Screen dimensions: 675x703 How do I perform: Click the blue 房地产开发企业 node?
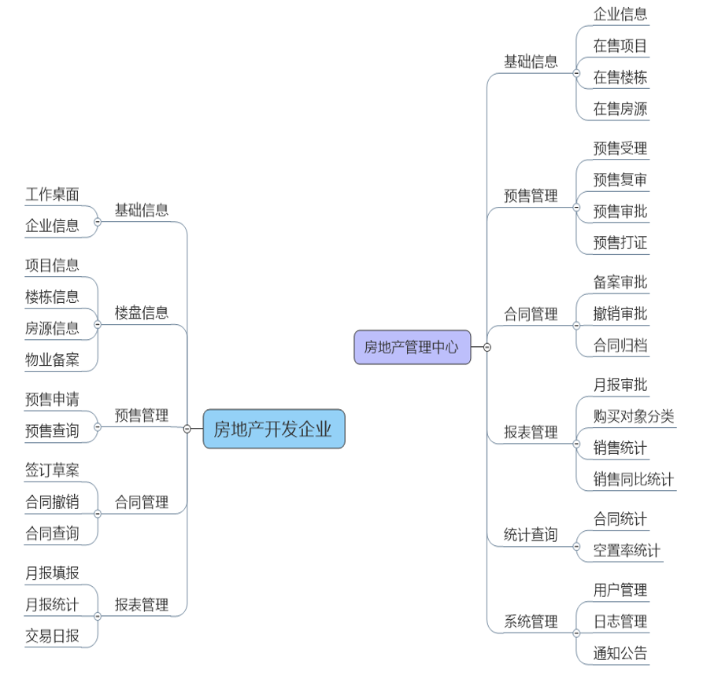click(273, 429)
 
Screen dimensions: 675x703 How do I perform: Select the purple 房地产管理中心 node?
click(412, 347)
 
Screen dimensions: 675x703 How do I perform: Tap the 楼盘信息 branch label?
click(142, 312)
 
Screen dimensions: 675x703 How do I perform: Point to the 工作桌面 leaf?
click(52, 194)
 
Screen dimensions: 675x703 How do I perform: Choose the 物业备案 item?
click(52, 360)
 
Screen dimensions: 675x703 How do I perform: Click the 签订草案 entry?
click(52, 470)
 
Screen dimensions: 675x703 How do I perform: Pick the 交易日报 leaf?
click(52, 636)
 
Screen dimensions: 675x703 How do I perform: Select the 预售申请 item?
click(52, 400)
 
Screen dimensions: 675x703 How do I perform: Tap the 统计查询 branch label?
click(531, 535)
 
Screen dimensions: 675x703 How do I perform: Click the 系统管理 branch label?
click(531, 622)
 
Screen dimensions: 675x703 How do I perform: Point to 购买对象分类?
click(634, 416)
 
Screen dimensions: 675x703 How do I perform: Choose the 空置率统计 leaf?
click(627, 551)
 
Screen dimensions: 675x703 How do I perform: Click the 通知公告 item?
click(620, 653)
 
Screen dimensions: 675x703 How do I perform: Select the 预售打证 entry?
click(620, 242)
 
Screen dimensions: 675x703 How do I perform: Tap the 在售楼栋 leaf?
click(620, 77)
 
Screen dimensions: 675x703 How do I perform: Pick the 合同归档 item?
click(620, 345)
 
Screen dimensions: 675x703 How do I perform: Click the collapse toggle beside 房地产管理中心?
click(487, 347)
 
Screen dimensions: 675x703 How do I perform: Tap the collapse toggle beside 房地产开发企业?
click(187, 429)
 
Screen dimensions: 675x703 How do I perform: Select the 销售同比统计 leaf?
click(634, 479)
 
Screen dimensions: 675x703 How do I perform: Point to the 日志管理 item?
click(620, 622)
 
